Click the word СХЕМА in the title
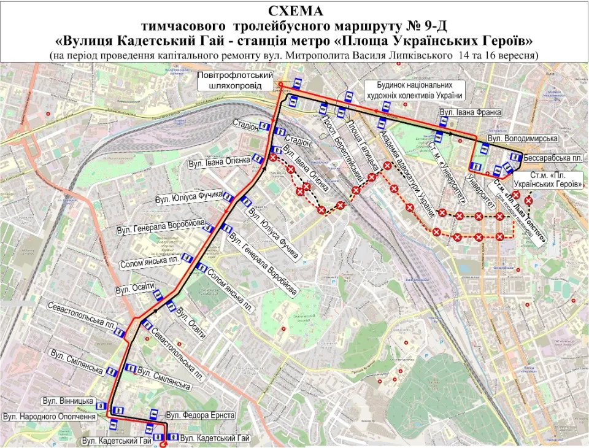coord(294,11)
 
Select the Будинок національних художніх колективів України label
coord(414,90)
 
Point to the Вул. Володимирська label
coord(514,139)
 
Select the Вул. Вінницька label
coord(68,401)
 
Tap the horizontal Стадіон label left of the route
coord(245,125)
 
